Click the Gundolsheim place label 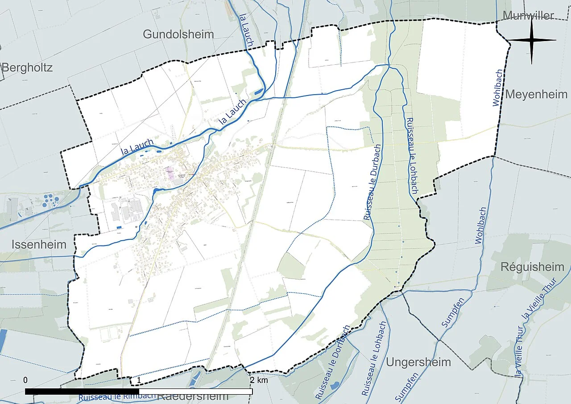click(x=178, y=34)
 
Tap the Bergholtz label click(x=27, y=68)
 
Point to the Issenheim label click(x=39, y=245)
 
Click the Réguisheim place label click(x=532, y=267)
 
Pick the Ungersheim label click(x=418, y=362)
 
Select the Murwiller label click(x=528, y=16)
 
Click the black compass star click(x=532, y=41)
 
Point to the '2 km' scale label click(x=259, y=380)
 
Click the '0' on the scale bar click(x=25, y=380)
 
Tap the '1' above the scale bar click(x=139, y=380)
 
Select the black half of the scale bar click(x=82, y=392)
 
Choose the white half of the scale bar click(x=196, y=392)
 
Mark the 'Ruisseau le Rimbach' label click(x=117, y=396)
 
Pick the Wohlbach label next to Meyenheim click(x=498, y=87)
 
